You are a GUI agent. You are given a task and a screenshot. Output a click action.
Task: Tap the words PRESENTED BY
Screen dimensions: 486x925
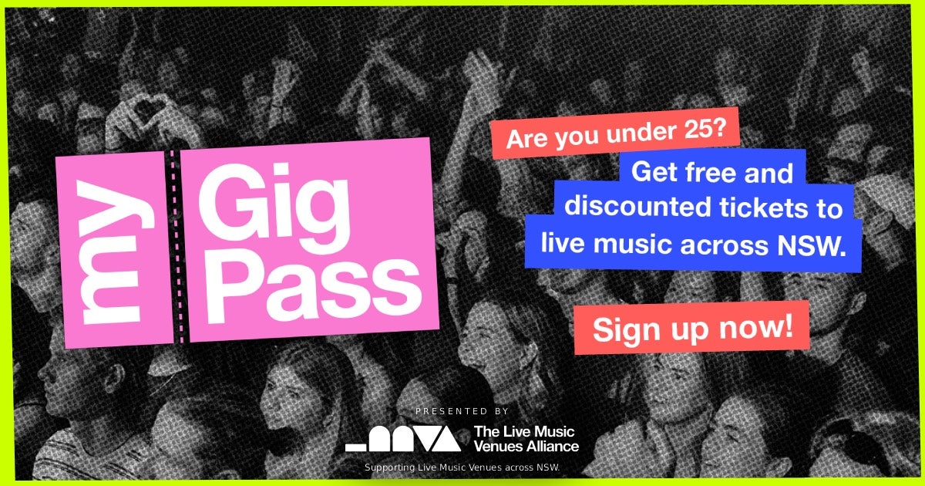pyautogui.click(x=462, y=411)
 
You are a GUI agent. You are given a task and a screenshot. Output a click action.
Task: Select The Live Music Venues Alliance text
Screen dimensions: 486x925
pyautogui.click(x=526, y=438)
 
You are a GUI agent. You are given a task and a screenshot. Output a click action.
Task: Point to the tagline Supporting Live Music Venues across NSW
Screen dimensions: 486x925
pyautogui.click(x=462, y=467)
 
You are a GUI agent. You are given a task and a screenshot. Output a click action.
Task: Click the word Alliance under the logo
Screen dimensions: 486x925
pyautogui.click(x=552, y=446)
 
